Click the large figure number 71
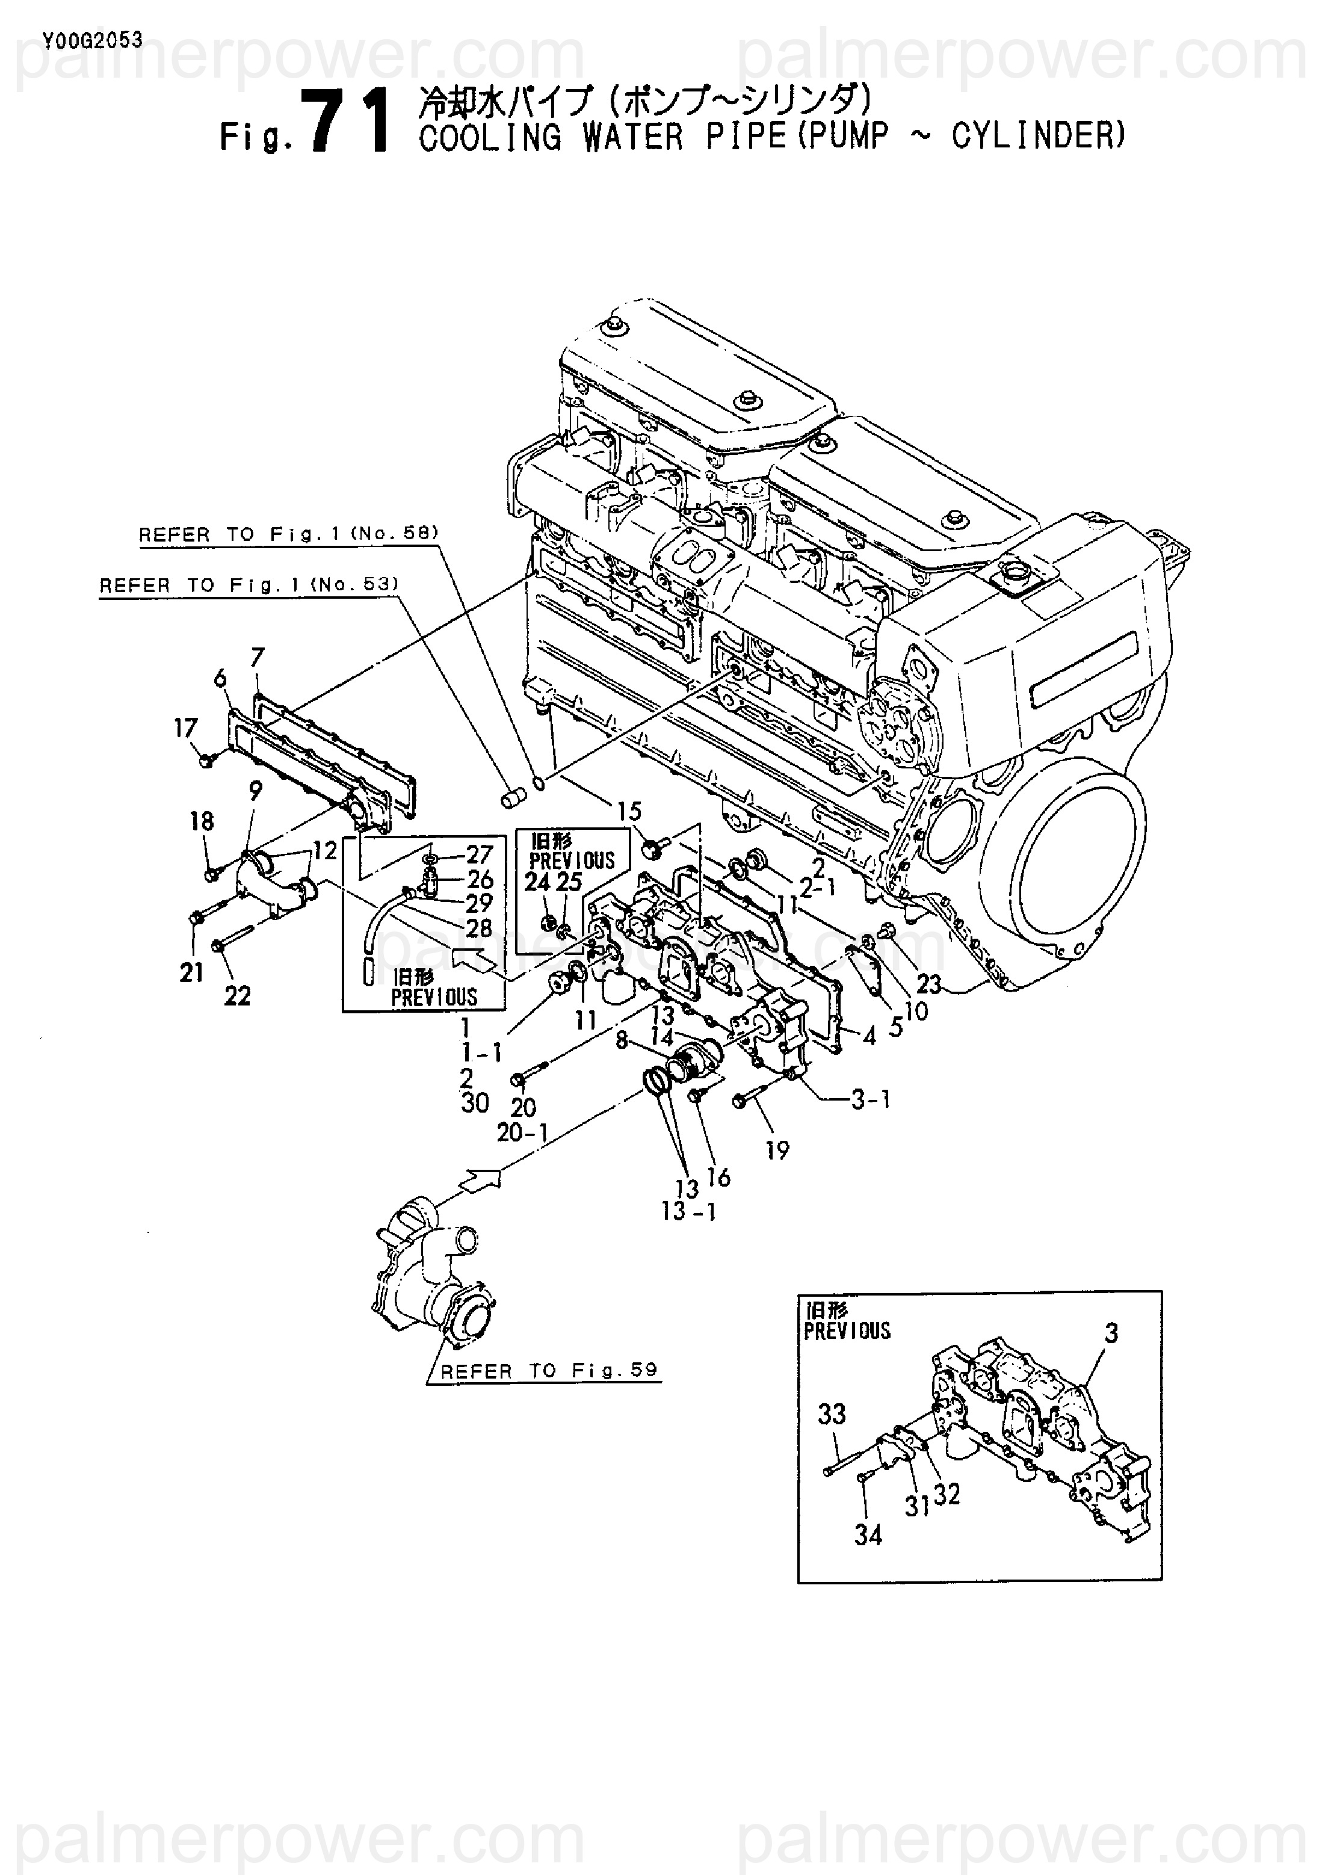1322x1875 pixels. (x=347, y=124)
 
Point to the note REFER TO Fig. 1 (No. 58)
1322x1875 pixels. (x=288, y=534)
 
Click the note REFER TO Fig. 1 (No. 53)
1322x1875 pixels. (x=249, y=585)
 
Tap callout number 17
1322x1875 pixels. (x=185, y=727)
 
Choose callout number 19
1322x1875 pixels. (x=777, y=1151)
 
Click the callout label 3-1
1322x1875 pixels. (x=871, y=1100)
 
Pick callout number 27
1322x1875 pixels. (x=480, y=854)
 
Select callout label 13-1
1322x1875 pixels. (x=688, y=1211)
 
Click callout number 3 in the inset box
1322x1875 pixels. (x=1111, y=1333)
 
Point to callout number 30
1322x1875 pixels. (x=475, y=1104)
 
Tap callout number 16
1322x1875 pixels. (x=718, y=1177)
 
